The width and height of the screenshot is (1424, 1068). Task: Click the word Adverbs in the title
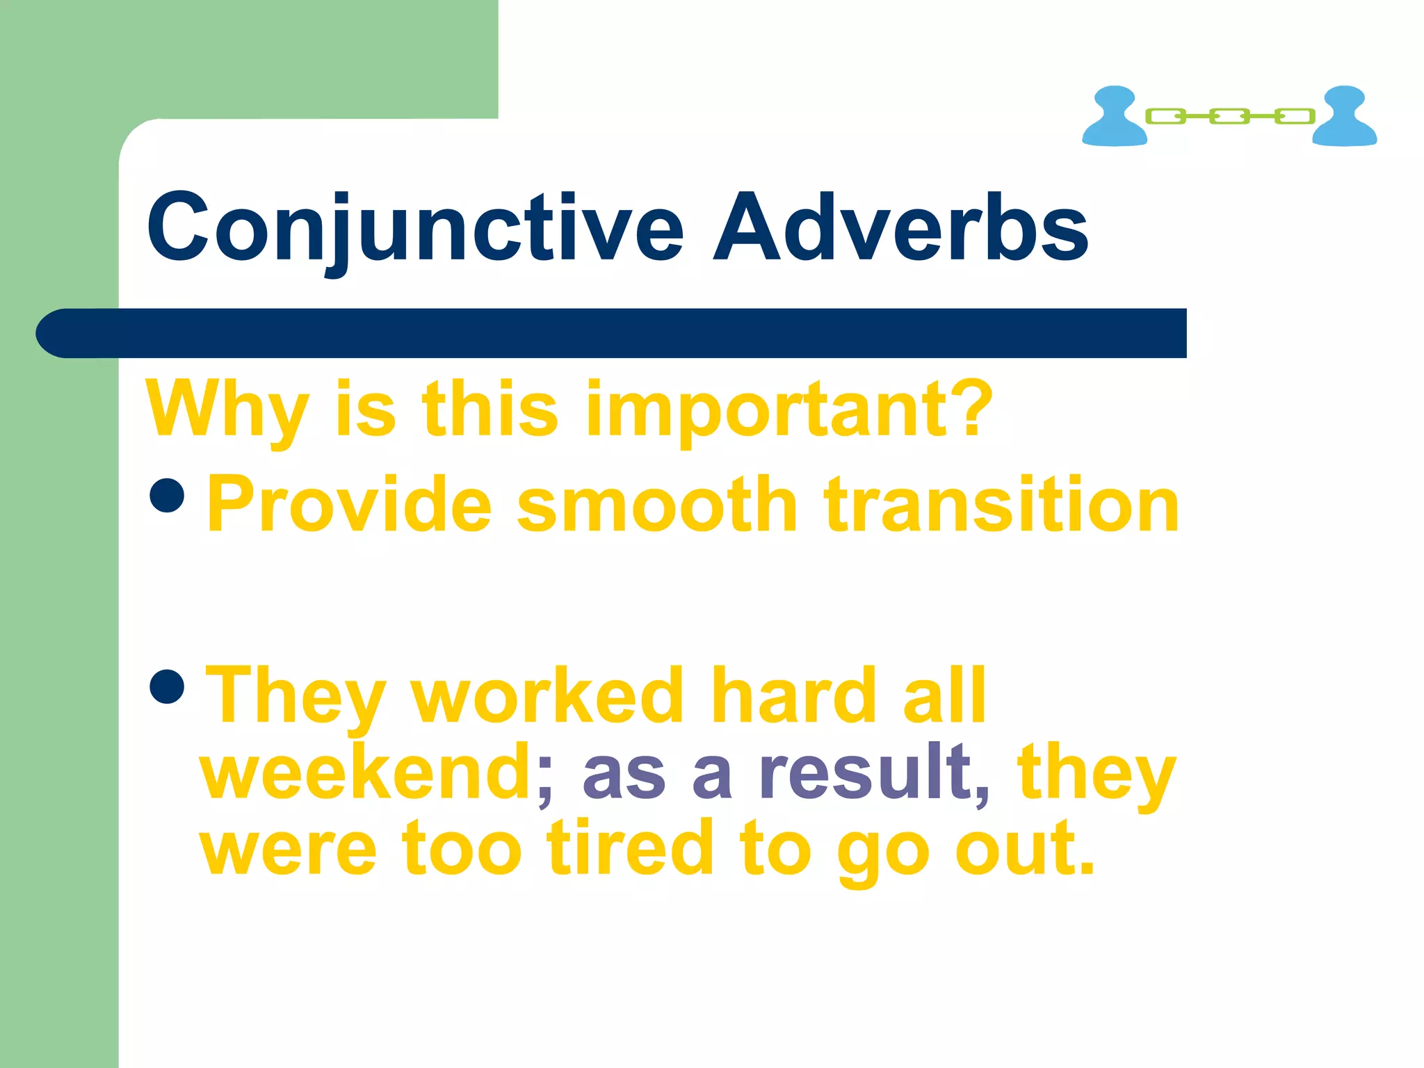pyautogui.click(x=900, y=228)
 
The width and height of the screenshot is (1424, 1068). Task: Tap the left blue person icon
pyautogui.click(x=1114, y=116)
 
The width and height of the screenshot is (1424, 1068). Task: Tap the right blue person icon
pyautogui.click(x=1344, y=116)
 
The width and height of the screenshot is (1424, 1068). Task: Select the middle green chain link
pyautogui.click(x=1229, y=116)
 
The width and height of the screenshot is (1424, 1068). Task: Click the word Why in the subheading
pyautogui.click(x=227, y=410)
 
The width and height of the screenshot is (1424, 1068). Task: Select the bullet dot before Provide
pyautogui.click(x=167, y=494)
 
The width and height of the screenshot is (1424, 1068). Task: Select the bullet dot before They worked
pyautogui.click(x=167, y=686)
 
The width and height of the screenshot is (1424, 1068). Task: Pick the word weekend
pyautogui.click(x=366, y=772)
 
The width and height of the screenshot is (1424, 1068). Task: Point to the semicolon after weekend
pyautogui.click(x=544, y=779)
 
